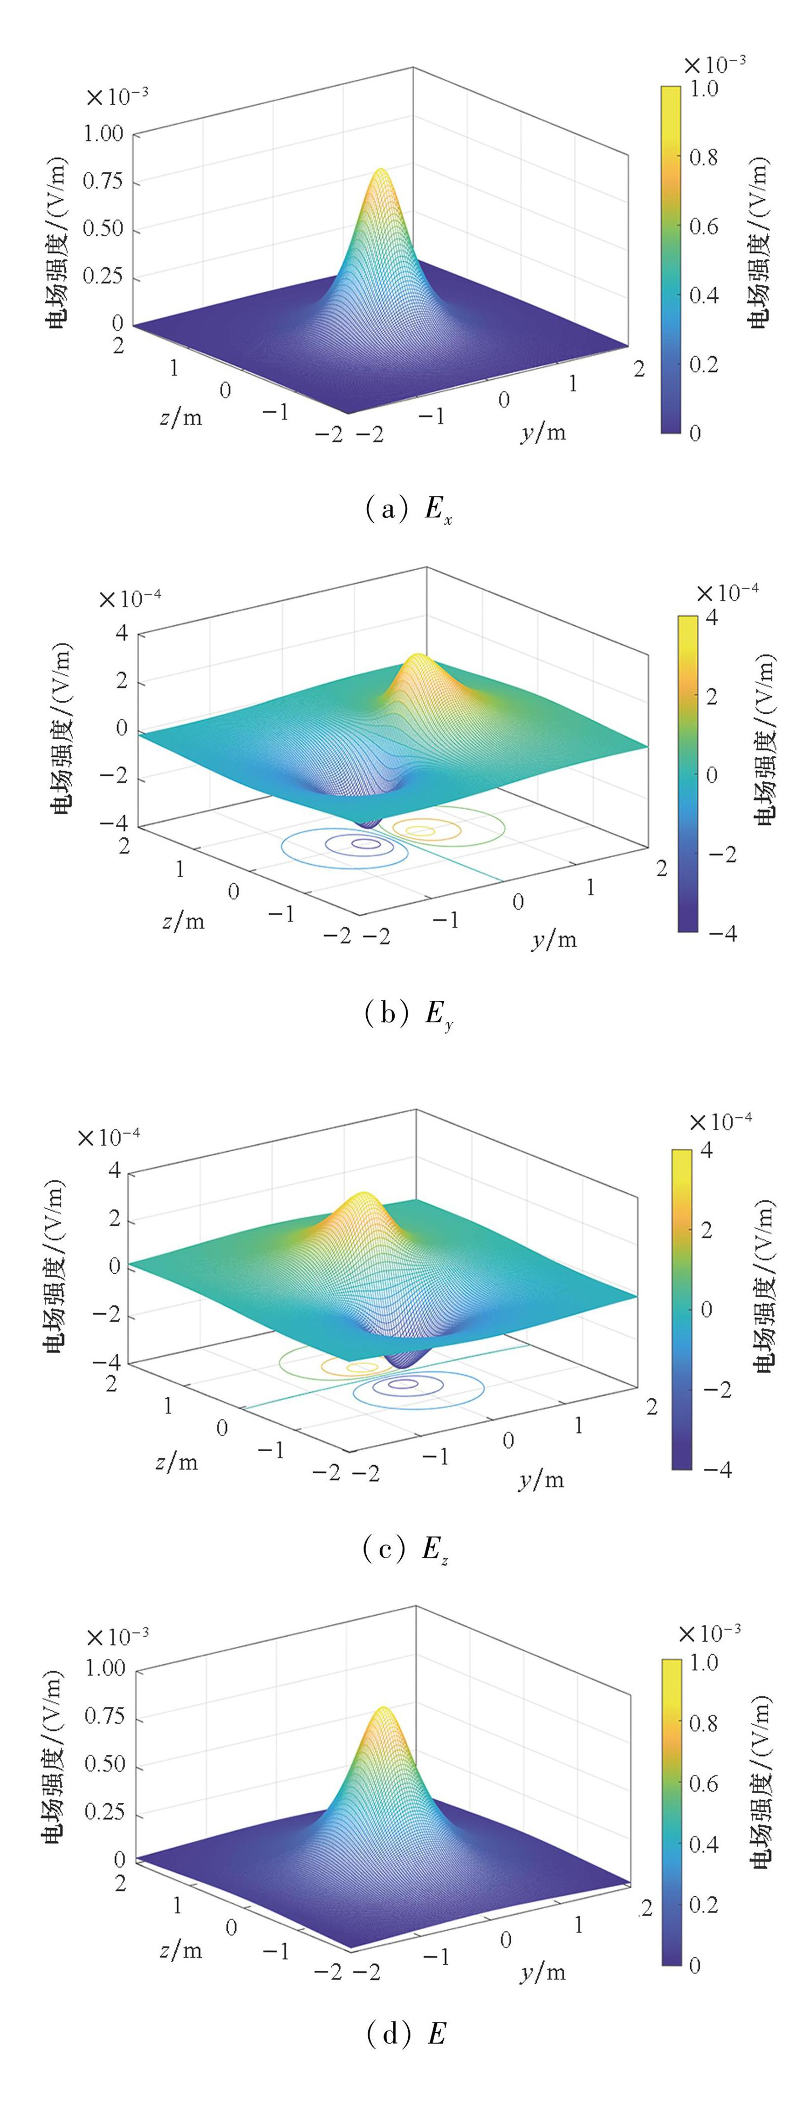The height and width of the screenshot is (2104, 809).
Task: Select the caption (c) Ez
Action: pyautogui.click(x=405, y=1548)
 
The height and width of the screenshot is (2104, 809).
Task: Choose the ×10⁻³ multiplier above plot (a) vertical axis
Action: pyautogui.click(x=116, y=97)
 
